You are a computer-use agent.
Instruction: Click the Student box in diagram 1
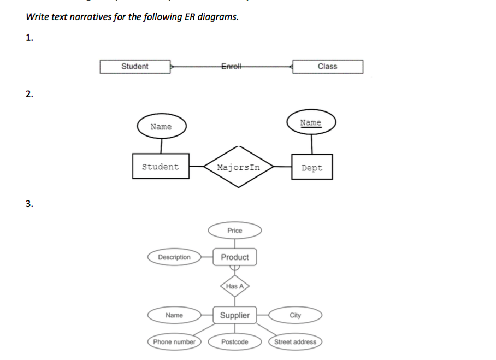tap(135, 67)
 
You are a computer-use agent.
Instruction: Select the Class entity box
tap(327, 67)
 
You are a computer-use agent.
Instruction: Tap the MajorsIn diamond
tap(238, 167)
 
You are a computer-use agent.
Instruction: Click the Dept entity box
tap(312, 168)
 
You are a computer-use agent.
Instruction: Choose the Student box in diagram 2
tap(161, 167)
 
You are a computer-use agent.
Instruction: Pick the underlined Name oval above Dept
tap(311, 123)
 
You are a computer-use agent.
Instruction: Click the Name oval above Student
tap(161, 127)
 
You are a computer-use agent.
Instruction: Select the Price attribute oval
tap(235, 231)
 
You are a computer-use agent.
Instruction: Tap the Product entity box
tap(235, 257)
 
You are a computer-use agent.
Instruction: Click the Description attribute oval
tap(174, 257)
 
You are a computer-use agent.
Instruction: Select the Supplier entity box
tap(235, 315)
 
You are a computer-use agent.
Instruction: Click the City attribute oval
tap(295, 315)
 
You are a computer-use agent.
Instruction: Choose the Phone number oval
tap(174, 342)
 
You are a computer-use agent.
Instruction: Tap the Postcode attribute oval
tap(235, 342)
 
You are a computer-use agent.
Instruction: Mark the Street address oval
tap(295, 342)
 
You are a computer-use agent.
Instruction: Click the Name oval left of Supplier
tap(174, 315)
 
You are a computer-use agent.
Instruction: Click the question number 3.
tap(29, 204)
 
